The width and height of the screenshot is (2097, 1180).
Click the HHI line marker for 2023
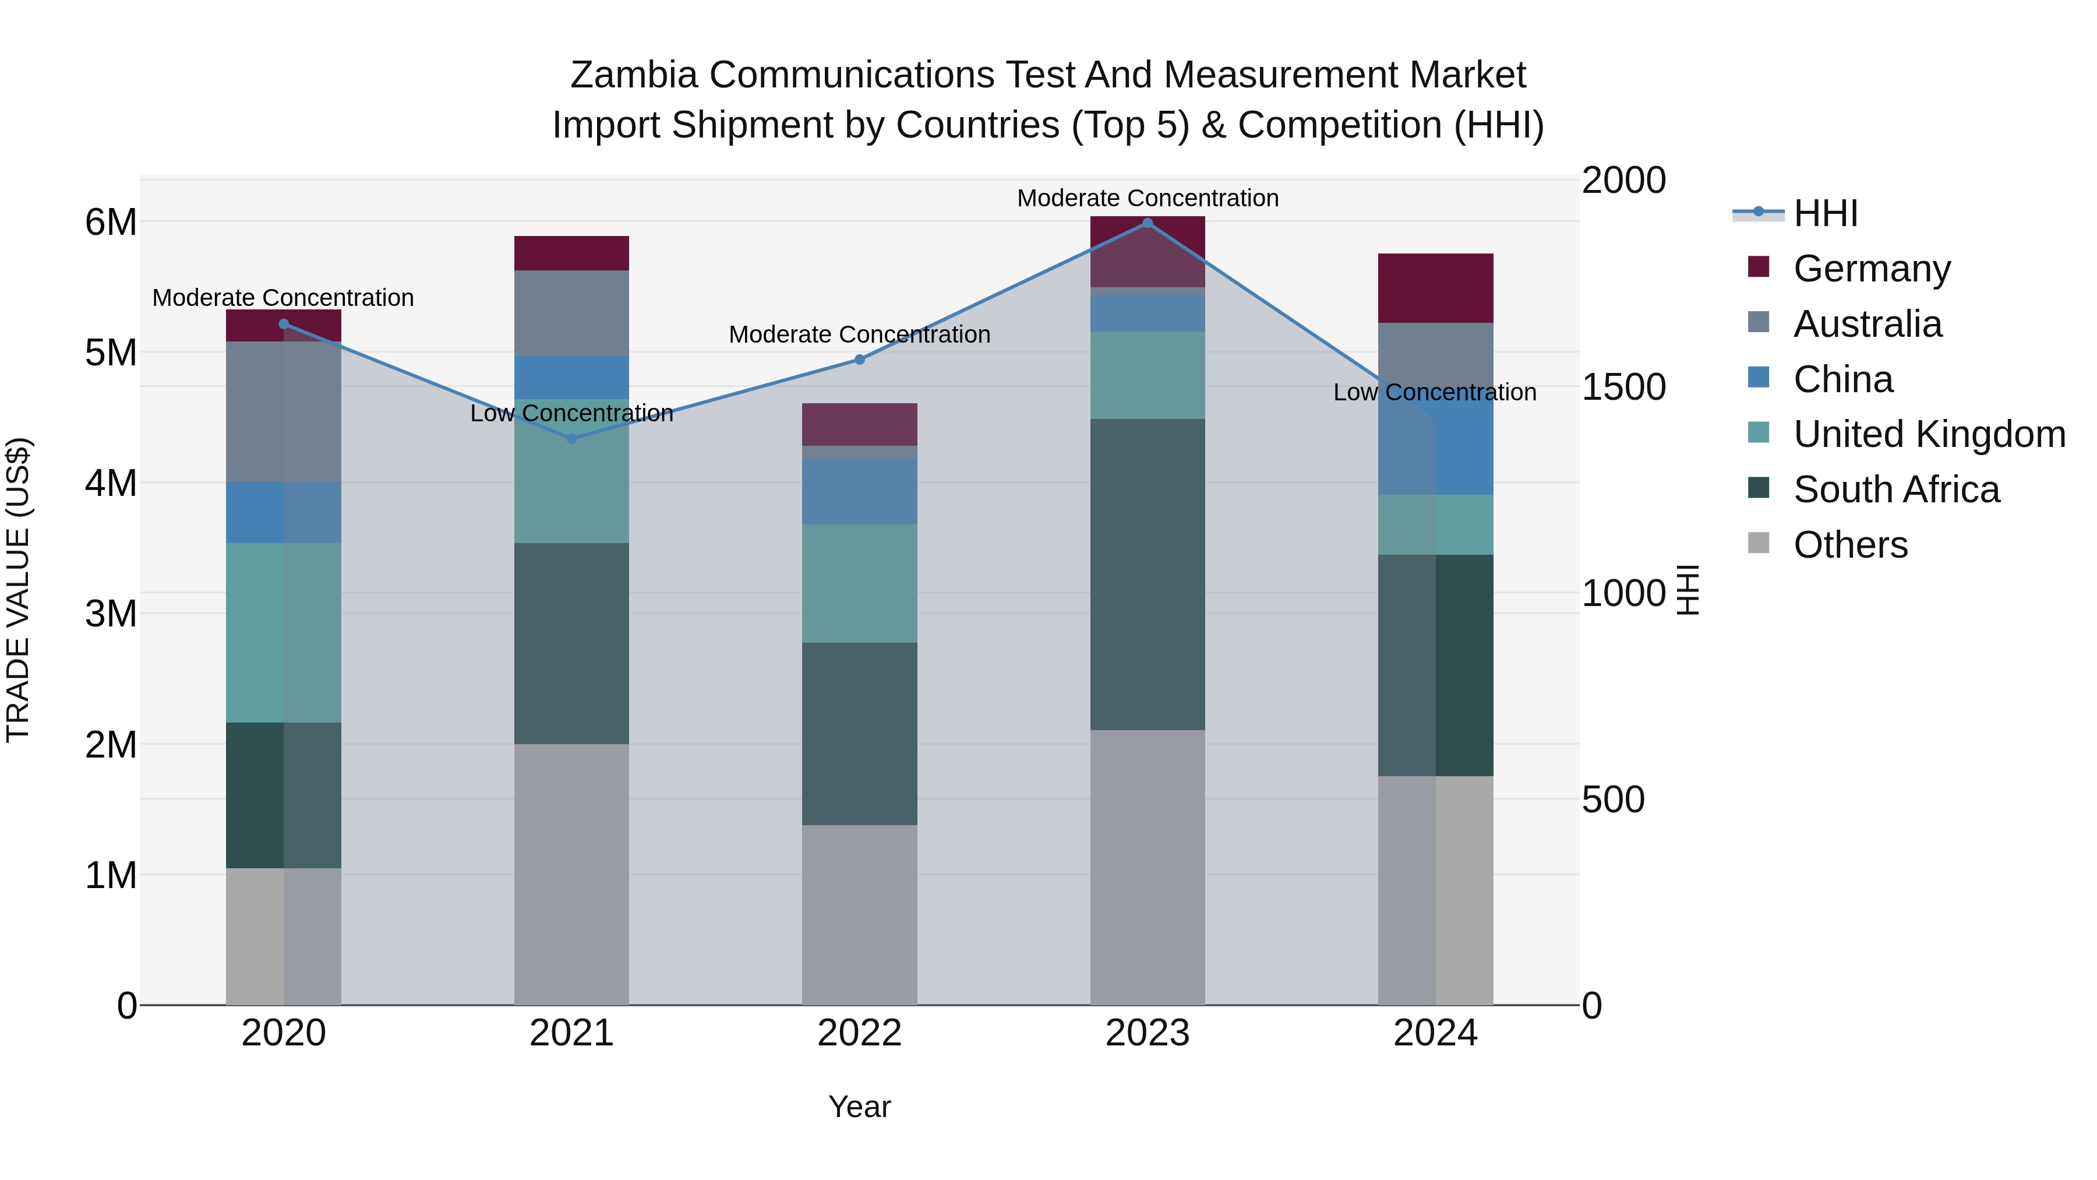click(1147, 223)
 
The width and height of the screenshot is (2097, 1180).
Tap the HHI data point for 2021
click(571, 438)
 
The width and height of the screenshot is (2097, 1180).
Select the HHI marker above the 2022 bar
click(860, 359)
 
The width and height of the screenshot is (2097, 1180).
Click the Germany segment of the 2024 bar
click(1435, 288)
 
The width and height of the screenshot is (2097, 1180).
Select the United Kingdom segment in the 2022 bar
click(860, 583)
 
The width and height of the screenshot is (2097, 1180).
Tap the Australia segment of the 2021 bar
click(571, 313)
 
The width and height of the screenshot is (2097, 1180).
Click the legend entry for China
click(1843, 379)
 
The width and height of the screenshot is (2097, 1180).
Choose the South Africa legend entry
click(1896, 489)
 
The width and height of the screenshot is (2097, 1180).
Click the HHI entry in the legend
click(1825, 213)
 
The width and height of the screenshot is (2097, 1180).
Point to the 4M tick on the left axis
click(111, 483)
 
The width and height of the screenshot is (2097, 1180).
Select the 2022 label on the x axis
click(860, 1033)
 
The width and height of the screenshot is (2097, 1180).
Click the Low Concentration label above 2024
click(1434, 393)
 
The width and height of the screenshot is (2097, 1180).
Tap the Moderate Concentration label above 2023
click(1148, 198)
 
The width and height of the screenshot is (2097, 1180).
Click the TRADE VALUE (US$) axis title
click(19, 590)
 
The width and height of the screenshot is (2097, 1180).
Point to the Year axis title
click(860, 1107)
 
